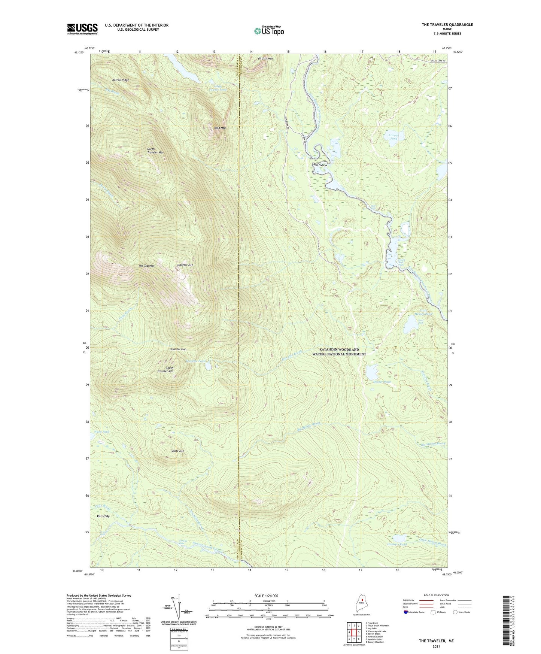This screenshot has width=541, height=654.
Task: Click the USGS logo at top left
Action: tap(82, 29)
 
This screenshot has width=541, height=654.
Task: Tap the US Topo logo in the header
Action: tap(269, 31)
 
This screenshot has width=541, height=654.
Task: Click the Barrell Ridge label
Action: tap(121, 80)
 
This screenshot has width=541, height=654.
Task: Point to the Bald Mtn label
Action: tap(220, 128)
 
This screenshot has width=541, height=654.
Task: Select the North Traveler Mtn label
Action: tap(155, 151)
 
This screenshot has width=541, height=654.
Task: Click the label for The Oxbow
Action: tap(320, 165)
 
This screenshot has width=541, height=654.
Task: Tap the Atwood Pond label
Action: tap(394, 137)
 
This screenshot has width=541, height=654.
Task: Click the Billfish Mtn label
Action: tap(265, 58)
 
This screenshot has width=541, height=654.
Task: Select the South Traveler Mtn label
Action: tap(170, 369)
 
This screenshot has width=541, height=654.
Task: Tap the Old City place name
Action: tap(103, 516)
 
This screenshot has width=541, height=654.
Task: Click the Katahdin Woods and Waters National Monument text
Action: tap(339, 352)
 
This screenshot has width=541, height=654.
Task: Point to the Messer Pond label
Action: tap(382, 382)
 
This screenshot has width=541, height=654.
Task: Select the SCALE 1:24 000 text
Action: tap(266, 596)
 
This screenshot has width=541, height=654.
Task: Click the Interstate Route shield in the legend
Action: tap(406, 612)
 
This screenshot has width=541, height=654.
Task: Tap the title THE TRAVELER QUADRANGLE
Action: tap(447, 25)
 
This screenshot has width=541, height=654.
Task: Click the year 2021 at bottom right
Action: tap(436, 647)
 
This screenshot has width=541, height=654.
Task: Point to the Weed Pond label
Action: tap(102, 432)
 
